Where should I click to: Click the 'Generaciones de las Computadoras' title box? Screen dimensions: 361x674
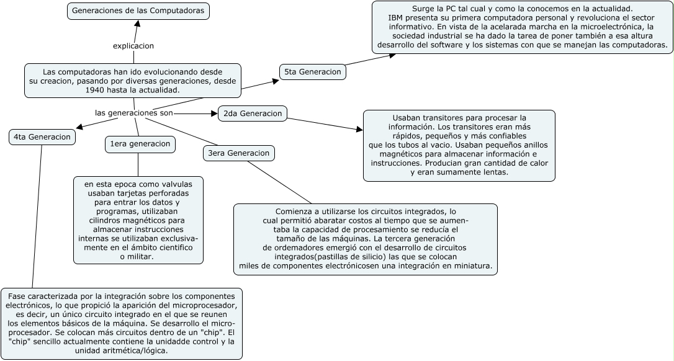(138, 11)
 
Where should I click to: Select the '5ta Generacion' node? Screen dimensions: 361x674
(313, 72)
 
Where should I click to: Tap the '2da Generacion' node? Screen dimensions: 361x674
(252, 114)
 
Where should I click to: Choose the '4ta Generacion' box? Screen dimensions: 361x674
(42, 137)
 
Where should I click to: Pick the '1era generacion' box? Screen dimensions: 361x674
(140, 145)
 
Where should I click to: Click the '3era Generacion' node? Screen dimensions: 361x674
(239, 153)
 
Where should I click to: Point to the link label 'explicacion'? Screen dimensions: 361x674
(133, 46)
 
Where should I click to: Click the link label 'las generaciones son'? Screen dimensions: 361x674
(133, 114)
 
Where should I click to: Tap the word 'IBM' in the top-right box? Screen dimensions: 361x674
(396, 18)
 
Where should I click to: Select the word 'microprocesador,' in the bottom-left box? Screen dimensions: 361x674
(205, 306)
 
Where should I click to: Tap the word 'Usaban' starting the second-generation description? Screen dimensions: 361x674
(406, 118)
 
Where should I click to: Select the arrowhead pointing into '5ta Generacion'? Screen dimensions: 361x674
(275, 80)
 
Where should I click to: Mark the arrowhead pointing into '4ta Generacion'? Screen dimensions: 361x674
(79, 127)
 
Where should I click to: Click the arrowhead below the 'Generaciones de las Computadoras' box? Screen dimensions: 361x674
(137, 24)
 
